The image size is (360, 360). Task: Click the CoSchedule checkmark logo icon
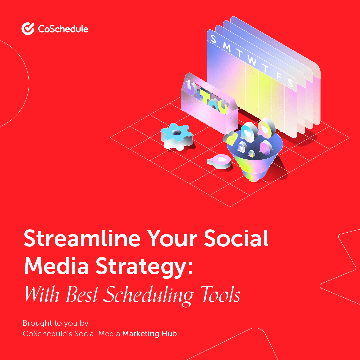click(28, 29)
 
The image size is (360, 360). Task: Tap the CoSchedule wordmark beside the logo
click(63, 29)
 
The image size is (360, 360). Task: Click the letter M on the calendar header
click(227, 47)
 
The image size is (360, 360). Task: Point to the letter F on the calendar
click(279, 76)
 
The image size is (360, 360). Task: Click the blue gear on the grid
click(177, 135)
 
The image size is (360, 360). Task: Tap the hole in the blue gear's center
click(177, 132)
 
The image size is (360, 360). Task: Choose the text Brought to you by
click(55, 323)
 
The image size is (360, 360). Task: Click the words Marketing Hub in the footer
click(149, 333)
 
